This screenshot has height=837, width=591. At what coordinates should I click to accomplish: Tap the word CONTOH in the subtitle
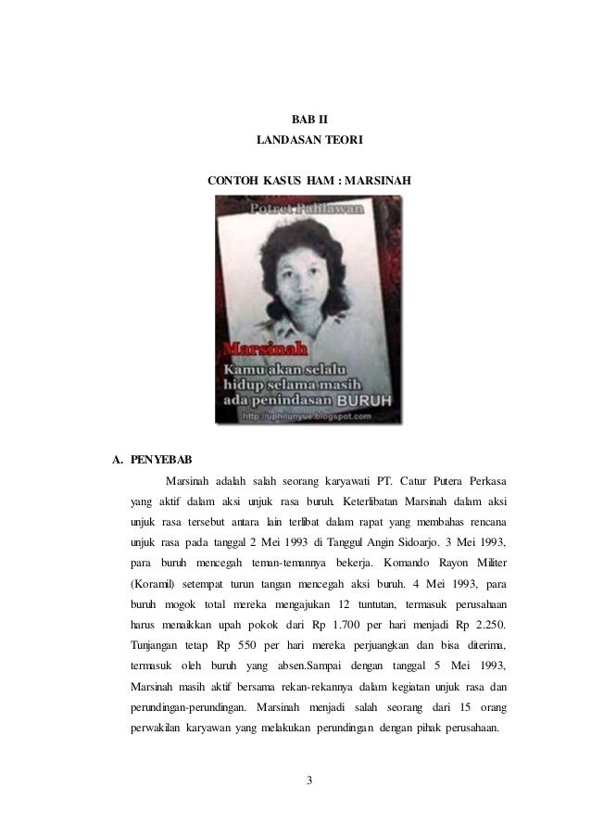232,179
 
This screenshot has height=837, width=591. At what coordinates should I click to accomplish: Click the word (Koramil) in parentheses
153,588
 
